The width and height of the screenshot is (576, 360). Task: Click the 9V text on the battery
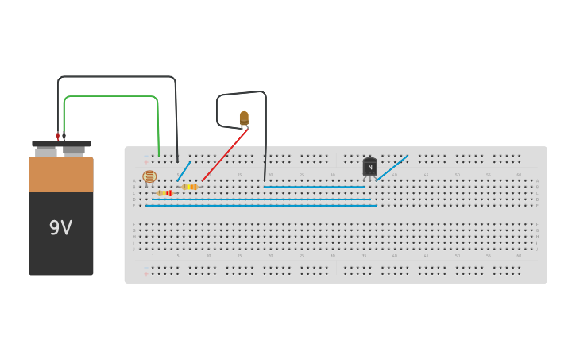tap(60, 228)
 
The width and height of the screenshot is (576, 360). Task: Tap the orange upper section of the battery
tap(61, 174)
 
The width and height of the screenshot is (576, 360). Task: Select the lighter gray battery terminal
tap(46, 151)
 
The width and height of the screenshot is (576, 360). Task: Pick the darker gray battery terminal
tap(75, 150)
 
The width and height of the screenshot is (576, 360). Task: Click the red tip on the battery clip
tap(57, 136)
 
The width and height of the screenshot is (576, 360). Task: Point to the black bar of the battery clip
tap(61, 144)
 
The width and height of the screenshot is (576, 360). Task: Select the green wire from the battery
tap(111, 97)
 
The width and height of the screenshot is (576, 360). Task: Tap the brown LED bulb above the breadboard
tap(244, 118)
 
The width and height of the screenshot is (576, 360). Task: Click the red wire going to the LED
tap(225, 154)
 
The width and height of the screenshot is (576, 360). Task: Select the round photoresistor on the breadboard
tap(149, 176)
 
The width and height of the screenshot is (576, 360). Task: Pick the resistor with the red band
tap(165, 193)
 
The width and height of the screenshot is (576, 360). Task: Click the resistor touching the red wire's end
tap(190, 187)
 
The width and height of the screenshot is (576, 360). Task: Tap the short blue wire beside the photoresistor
tap(184, 172)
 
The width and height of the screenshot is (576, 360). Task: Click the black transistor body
tap(370, 167)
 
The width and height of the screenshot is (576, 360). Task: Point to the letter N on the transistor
tap(370, 167)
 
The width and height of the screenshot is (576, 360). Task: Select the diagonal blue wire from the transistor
tap(392, 167)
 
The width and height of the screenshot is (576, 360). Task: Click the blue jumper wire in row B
tap(314, 187)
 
